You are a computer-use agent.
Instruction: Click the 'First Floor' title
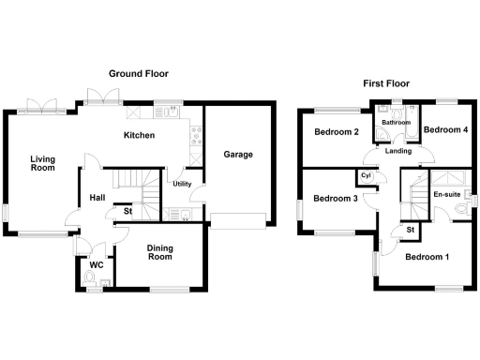[385, 83]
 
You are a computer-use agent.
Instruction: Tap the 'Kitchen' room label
[140, 136]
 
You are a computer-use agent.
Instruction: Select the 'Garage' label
[237, 154]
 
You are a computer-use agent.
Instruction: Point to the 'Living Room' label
[42, 163]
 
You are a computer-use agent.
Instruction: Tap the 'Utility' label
[182, 184]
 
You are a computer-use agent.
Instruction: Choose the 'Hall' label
[97, 198]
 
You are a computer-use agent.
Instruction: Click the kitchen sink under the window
[170, 114]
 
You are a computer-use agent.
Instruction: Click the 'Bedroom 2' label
[337, 132]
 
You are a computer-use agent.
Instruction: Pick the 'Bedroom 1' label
[427, 256]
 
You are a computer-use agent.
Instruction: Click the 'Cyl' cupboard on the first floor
[366, 175]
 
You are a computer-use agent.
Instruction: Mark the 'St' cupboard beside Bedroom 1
[411, 230]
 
